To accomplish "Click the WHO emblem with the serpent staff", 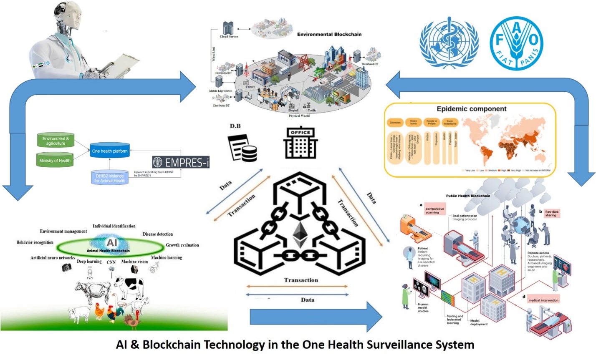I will [x=449, y=43].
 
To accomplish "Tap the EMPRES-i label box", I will [x=181, y=162].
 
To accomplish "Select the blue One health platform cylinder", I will [x=110, y=151].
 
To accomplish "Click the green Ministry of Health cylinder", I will [x=55, y=160].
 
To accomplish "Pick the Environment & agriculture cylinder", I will [x=56, y=141].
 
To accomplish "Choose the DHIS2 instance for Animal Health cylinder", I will [x=109, y=178].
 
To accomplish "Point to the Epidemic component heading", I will [x=471, y=109].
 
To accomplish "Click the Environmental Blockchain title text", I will [x=329, y=34].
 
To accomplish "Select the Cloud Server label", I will [x=229, y=37].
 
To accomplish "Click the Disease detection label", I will [x=157, y=234].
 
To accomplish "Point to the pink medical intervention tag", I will [x=543, y=300].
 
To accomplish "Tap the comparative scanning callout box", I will [x=434, y=210].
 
